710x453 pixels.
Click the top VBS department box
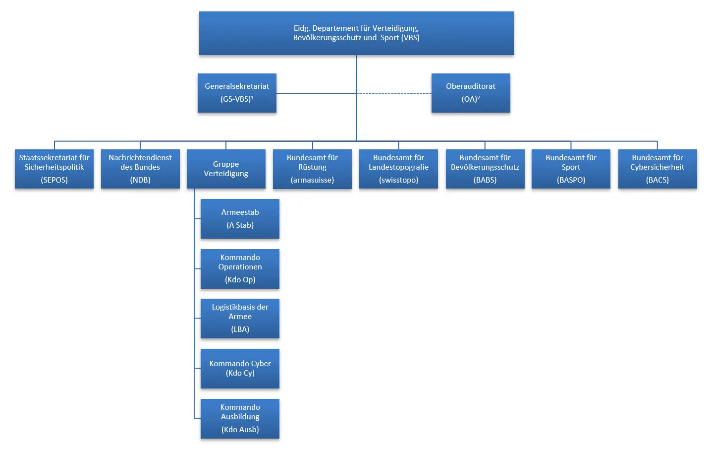tap(356, 33)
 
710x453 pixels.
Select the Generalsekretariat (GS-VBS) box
tap(237, 93)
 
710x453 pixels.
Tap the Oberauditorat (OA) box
tap(470, 93)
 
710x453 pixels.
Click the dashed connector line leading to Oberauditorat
tap(394, 93)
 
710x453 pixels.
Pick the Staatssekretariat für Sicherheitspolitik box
tap(54, 169)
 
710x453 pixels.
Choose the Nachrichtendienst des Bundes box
tap(140, 169)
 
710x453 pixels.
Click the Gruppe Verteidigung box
tap(226, 169)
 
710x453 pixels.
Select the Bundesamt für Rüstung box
tap(312, 169)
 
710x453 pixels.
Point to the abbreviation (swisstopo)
tap(398, 180)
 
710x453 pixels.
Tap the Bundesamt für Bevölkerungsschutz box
tap(485, 169)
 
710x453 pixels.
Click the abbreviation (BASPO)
tap(571, 180)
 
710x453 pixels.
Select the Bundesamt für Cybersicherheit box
tap(657, 169)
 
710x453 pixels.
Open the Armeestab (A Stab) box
tap(240, 219)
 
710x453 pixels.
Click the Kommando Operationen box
tap(240, 268)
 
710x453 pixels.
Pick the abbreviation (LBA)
tap(240, 329)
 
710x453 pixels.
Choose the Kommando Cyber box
tap(240, 368)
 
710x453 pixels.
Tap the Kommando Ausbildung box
tap(240, 418)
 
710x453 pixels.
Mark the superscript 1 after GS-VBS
tap(252, 97)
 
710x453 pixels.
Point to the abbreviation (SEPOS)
tap(54, 180)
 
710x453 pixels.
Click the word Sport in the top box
tap(389, 38)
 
